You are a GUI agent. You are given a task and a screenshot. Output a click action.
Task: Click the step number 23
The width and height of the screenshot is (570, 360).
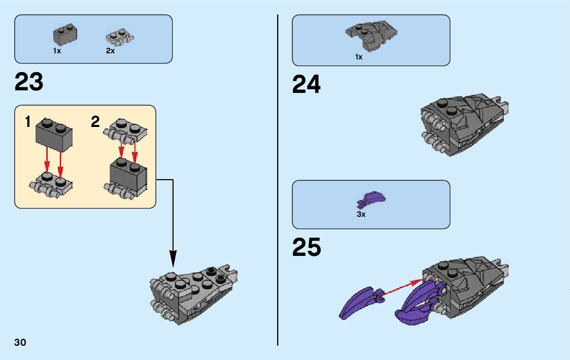(x=29, y=82)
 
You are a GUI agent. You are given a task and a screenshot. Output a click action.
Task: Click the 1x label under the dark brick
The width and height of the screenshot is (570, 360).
(x=57, y=51)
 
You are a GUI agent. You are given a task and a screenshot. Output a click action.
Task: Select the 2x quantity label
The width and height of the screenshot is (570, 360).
(x=110, y=51)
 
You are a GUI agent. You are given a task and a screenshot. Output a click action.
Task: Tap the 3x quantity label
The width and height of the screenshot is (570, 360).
(x=361, y=214)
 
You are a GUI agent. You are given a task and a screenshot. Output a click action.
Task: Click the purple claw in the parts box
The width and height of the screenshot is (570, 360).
(x=372, y=200)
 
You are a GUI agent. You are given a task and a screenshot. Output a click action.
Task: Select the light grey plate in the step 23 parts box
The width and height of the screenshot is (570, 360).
(x=118, y=38)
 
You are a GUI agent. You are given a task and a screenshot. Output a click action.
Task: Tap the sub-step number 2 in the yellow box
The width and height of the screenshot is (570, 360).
(x=95, y=122)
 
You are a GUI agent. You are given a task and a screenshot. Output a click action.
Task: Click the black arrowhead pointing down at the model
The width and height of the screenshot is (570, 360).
(x=173, y=260)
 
